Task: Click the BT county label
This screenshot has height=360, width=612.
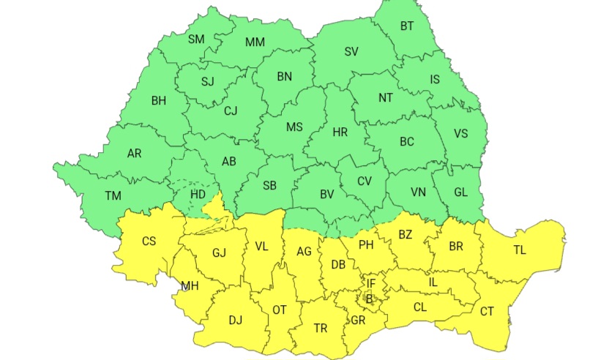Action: tap(407, 26)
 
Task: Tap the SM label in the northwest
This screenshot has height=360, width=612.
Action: tap(196, 39)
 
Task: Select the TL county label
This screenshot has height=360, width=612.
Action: tap(520, 250)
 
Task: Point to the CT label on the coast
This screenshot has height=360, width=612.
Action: tap(487, 312)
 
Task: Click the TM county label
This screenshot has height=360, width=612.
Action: tap(113, 195)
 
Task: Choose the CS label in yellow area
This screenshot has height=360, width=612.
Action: tap(149, 241)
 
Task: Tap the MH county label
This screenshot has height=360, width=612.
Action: tap(190, 285)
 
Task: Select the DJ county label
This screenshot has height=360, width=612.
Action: tap(235, 320)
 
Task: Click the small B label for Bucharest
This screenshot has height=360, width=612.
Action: tap(369, 298)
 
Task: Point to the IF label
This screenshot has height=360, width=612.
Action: tap(370, 282)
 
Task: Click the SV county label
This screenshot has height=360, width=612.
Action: tap(351, 51)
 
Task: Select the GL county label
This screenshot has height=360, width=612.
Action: tap(460, 192)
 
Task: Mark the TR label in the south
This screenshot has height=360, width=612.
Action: tap(321, 329)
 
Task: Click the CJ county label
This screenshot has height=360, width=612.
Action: tap(231, 111)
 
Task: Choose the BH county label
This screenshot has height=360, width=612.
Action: tap(159, 100)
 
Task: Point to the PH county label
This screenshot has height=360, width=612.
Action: tap(366, 245)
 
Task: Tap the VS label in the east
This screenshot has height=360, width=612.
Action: tap(460, 133)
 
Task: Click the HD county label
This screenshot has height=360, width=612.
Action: tap(198, 195)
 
